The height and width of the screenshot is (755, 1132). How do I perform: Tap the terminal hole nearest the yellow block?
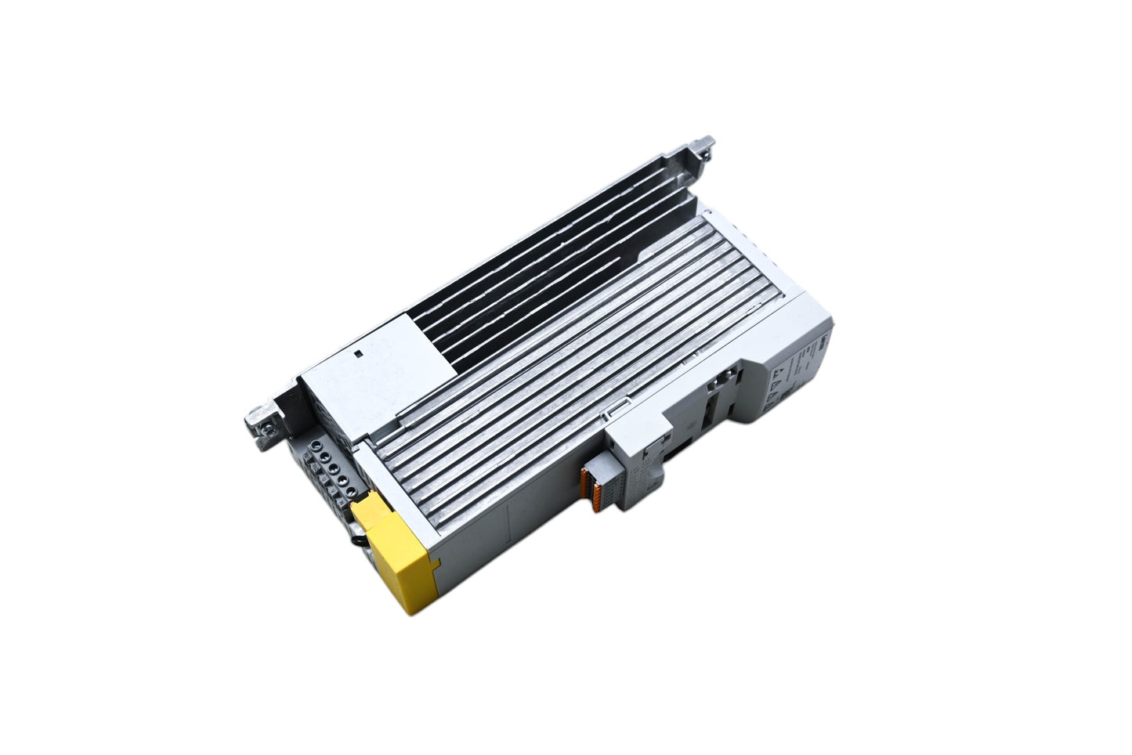(349, 491)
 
